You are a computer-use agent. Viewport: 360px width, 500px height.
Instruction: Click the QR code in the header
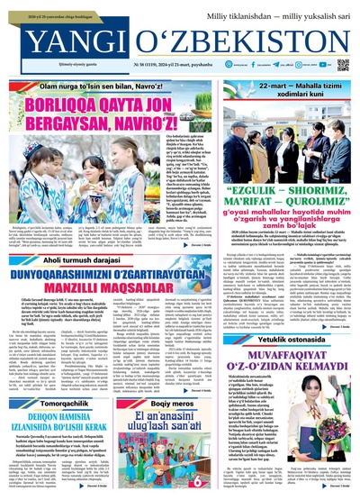[x=342, y=65]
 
